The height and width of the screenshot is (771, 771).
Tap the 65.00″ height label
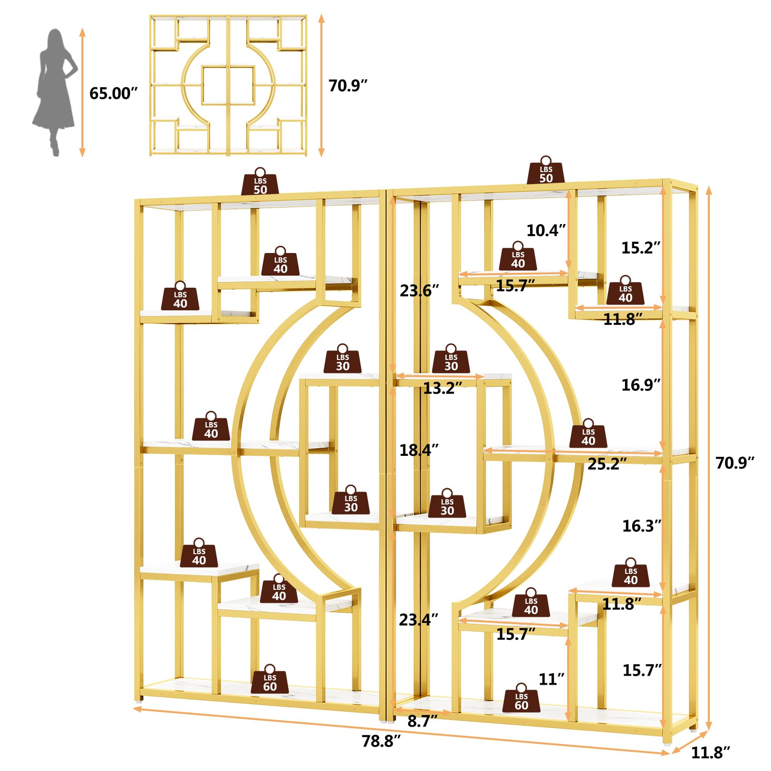pyautogui.click(x=114, y=93)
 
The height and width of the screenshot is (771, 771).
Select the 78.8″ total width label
pyautogui.click(x=381, y=741)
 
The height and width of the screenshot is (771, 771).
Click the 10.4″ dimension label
pyautogui.click(x=546, y=230)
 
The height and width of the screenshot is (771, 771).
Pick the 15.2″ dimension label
pyautogui.click(x=641, y=248)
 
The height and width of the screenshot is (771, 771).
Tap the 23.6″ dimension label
pyautogui.click(x=419, y=291)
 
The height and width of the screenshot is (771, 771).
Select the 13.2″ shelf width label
pyautogui.click(x=443, y=388)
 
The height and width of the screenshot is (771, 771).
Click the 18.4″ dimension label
pyautogui.click(x=419, y=450)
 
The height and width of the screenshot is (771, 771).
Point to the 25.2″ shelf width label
pyautogui.click(x=607, y=464)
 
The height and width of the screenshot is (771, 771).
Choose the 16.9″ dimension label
pyautogui.click(x=641, y=385)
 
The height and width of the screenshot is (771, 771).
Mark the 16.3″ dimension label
pyautogui.click(x=642, y=526)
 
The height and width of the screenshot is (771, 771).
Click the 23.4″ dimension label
pyautogui.click(x=419, y=620)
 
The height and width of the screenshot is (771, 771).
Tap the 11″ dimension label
pyautogui.click(x=552, y=679)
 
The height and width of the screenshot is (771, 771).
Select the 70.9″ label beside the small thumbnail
pyautogui.click(x=348, y=86)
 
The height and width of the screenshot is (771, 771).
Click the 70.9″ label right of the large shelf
pyautogui.click(x=735, y=463)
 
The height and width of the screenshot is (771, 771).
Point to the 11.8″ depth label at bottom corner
pyautogui.click(x=711, y=752)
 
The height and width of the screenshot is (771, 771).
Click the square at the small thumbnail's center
pyautogui.click(x=228, y=85)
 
